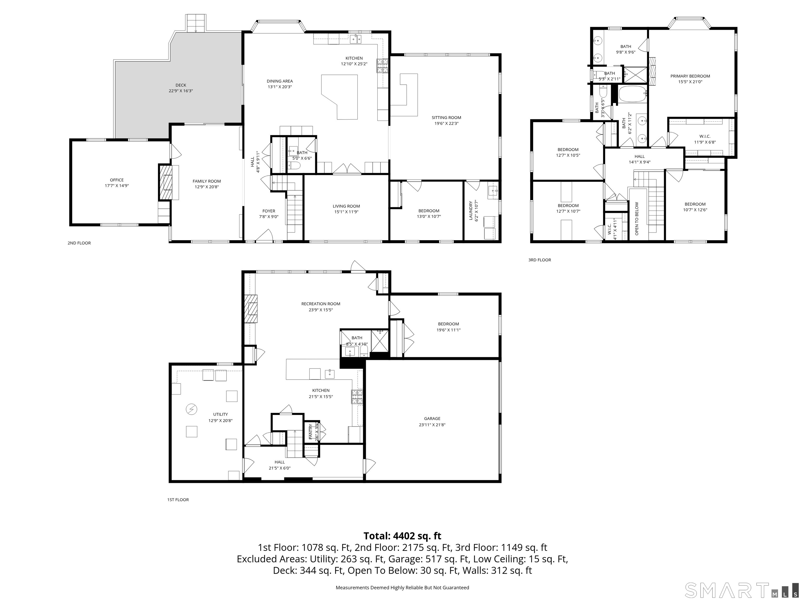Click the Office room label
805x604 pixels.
tap(117, 180)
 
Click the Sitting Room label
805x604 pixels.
tap(446, 118)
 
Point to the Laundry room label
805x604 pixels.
tap(471, 211)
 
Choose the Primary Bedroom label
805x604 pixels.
tap(690, 76)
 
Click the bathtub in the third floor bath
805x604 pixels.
tap(633, 94)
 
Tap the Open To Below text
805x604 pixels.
tap(637, 218)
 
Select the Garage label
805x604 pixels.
tap(432, 419)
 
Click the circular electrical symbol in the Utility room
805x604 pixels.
tap(192, 409)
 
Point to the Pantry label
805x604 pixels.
tap(311, 432)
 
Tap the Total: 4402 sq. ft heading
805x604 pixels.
tap(402, 536)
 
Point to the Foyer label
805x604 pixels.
tap(269, 211)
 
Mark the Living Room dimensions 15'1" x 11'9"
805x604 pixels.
tap(346, 212)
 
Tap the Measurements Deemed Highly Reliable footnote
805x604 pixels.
tap(402, 588)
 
